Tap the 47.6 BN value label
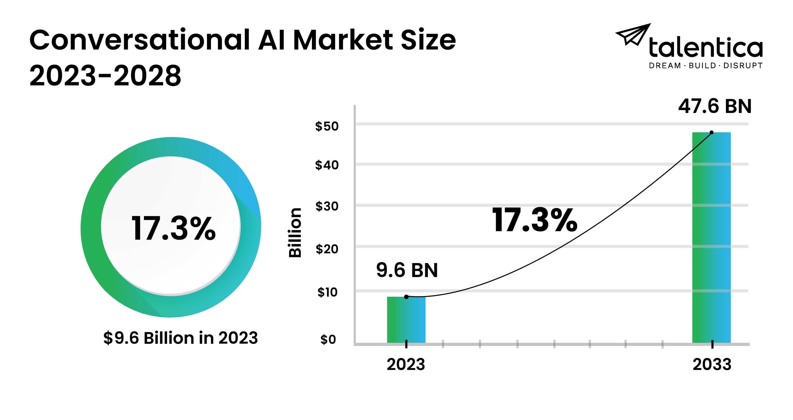tap(715, 106)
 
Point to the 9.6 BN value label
tap(407, 270)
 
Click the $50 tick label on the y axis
tap(327, 126)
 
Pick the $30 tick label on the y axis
tap(327, 206)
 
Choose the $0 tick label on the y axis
tap(328, 339)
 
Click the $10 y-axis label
tap(327, 292)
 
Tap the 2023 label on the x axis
tap(406, 364)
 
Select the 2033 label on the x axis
tap(712, 364)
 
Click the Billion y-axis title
tap(295, 232)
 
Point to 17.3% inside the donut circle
tap(173, 228)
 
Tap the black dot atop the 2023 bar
tap(406, 297)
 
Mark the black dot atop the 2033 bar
tap(712, 132)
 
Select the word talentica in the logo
tap(706, 48)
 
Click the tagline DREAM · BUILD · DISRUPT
tap(706, 66)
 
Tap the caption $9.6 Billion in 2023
tap(180, 338)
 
